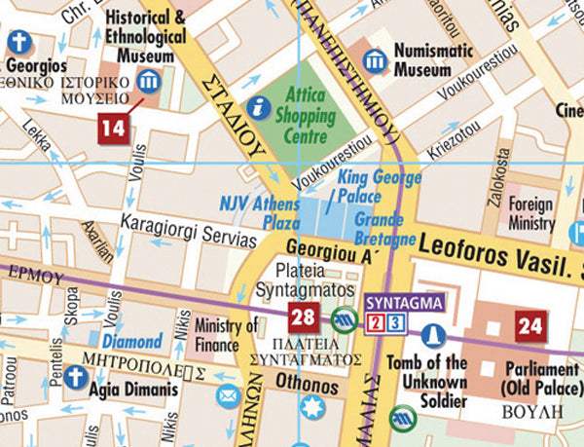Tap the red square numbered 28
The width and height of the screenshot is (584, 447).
303,316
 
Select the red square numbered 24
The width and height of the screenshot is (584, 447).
530,326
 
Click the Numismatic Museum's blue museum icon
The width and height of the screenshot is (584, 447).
376,61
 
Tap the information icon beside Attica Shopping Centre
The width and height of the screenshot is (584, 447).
259,107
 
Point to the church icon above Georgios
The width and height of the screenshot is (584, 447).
18,42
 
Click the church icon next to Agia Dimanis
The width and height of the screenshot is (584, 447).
76,377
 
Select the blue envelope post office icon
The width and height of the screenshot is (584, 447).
228,396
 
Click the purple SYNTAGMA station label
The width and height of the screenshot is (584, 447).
404,303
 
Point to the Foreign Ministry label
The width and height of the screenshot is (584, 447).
531,214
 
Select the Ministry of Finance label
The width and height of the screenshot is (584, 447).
225,335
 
